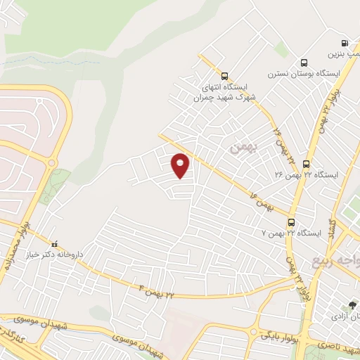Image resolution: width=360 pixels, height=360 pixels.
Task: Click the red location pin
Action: tap(181, 165)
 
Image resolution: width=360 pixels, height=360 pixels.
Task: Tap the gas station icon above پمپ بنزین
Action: tap(344, 42)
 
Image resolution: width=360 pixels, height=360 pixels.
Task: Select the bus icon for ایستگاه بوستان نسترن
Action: tap(304, 63)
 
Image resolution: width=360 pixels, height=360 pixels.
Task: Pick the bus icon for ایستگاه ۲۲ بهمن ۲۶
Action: tap(306, 164)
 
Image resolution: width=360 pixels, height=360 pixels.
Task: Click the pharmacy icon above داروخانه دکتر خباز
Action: tap(55, 243)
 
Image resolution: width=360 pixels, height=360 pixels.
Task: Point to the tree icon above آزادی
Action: tap(352, 304)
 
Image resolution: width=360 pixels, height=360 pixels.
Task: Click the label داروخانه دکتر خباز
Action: tap(55, 255)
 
